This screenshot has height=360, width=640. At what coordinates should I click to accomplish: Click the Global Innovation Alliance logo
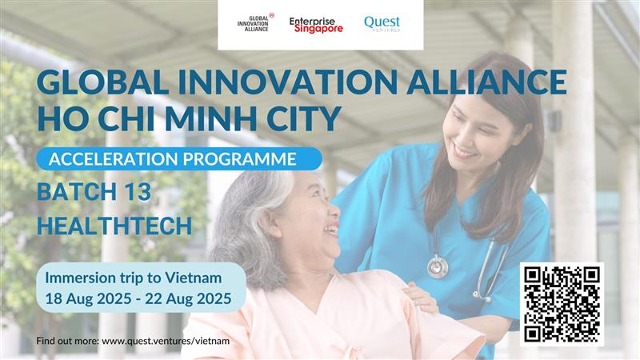(x=255, y=22)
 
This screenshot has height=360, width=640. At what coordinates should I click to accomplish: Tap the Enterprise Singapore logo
(x=316, y=25)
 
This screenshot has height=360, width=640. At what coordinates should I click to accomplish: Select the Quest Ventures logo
(x=382, y=23)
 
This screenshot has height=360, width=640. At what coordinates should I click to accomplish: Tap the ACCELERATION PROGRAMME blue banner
(x=179, y=158)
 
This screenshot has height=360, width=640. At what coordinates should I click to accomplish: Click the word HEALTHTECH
(x=114, y=226)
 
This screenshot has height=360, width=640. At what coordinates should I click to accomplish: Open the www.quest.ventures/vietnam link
(x=166, y=341)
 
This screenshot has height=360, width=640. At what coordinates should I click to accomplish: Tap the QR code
(x=562, y=304)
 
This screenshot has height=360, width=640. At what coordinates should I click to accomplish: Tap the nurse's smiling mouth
(x=463, y=152)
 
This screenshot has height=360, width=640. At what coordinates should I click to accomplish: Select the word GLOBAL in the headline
(x=102, y=82)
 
